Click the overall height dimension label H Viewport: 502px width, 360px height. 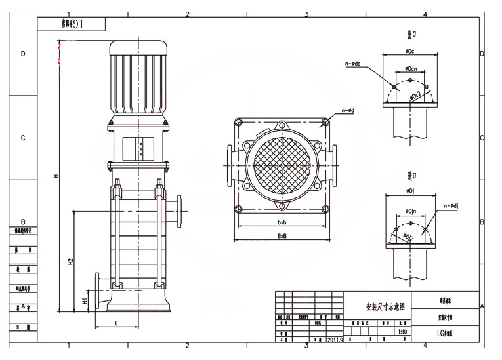pos(56,175)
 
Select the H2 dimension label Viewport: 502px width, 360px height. pos(71,260)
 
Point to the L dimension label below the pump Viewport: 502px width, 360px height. pos(116,323)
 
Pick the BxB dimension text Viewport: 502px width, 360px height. pos(282,235)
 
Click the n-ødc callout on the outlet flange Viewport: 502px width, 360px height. pos(353,64)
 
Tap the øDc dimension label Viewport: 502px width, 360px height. pos(409,50)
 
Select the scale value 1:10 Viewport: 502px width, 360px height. pos(402,332)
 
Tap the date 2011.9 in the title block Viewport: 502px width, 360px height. pos(334,340)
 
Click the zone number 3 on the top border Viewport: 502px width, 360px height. pos(306,14)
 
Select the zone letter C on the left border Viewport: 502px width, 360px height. pos(23,138)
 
